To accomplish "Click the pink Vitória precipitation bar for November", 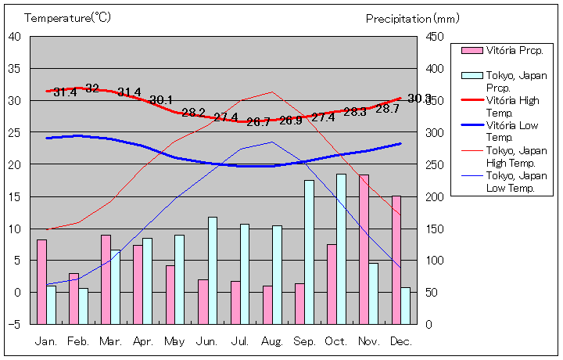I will (x=364, y=249).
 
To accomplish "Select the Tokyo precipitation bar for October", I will (x=341, y=249).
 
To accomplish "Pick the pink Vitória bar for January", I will (x=41, y=282).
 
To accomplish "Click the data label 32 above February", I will (x=92, y=88).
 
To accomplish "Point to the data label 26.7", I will (x=258, y=122).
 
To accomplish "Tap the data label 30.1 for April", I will (x=161, y=100).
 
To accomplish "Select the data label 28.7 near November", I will (x=387, y=109).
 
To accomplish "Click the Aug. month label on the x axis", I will (x=272, y=341).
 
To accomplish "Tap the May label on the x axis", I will (x=175, y=341).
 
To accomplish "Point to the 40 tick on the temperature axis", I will (x=16, y=36).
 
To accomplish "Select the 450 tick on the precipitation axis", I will (x=436, y=37).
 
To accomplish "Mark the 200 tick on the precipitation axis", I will (x=436, y=196).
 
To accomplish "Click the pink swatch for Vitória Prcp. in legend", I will (x=471, y=50).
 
